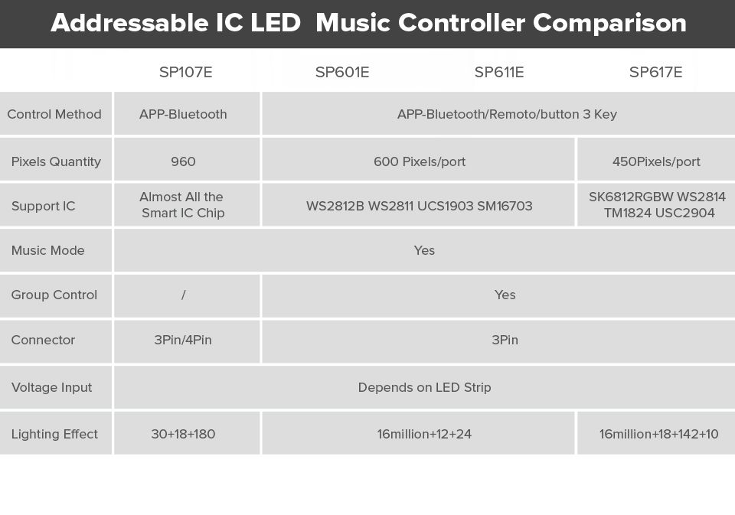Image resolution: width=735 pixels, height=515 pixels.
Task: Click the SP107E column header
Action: click(185, 72)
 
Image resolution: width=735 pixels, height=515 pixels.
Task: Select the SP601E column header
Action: click(342, 72)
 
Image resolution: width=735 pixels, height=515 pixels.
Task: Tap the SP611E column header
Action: click(499, 72)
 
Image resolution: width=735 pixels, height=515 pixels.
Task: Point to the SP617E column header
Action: click(656, 72)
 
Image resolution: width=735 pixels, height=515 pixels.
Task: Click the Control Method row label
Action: click(54, 114)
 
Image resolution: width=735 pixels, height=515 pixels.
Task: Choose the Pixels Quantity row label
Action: click(56, 161)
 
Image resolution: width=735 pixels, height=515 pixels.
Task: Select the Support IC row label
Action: click(43, 206)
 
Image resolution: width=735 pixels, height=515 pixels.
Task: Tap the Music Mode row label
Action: click(47, 250)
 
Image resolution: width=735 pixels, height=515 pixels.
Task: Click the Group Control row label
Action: click(54, 295)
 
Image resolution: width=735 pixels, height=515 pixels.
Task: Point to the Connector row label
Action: click(43, 340)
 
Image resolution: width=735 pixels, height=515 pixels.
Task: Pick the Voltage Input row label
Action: click(51, 387)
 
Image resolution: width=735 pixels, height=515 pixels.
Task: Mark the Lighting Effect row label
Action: click(54, 434)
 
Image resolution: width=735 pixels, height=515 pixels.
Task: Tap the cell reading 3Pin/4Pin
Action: click(183, 340)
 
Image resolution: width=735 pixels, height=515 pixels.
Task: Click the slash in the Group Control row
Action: click(183, 295)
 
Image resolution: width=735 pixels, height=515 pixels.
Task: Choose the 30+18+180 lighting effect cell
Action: click(183, 434)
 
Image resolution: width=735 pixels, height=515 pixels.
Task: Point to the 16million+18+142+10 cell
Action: click(658, 434)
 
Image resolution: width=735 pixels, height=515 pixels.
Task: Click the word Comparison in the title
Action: click(610, 23)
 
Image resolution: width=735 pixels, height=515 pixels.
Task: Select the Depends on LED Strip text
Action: click(425, 387)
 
